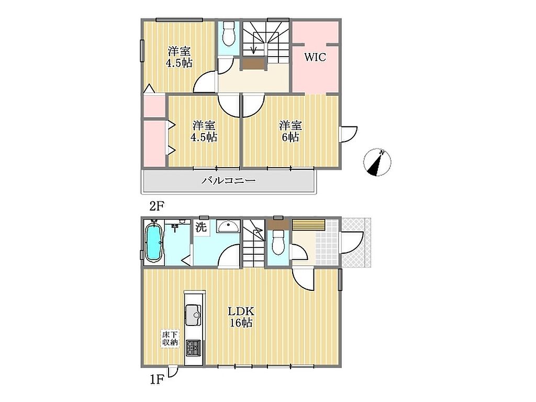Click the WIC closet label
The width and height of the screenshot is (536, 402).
pyautogui.click(x=315, y=57)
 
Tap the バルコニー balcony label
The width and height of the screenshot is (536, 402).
pyautogui.click(x=228, y=180)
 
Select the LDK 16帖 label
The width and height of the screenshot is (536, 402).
pyautogui.click(x=241, y=317)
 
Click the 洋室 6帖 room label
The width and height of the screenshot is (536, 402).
pyautogui.click(x=290, y=131)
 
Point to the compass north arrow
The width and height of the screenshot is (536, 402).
pyautogui.click(x=377, y=162)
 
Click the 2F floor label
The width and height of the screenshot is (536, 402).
pyautogui.click(x=157, y=206)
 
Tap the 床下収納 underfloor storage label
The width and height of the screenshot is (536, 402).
pyautogui.click(x=170, y=338)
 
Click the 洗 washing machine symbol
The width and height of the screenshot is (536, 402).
pyautogui.click(x=201, y=227)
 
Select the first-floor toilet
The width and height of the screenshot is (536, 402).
pyautogui.click(x=278, y=243)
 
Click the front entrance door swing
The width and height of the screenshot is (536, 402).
pyautogui.click(x=351, y=243)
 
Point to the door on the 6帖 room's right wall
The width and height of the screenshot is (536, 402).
pyautogui.click(x=348, y=134)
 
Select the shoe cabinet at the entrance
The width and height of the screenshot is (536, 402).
pyautogui.click(x=308, y=225)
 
